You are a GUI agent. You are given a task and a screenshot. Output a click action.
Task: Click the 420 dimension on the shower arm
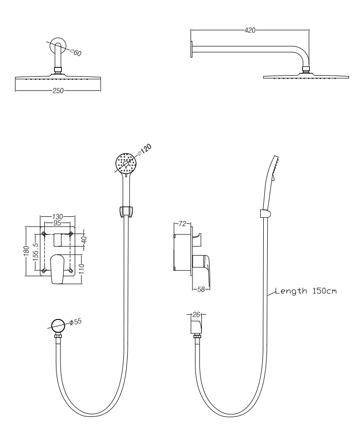(x=250, y=30)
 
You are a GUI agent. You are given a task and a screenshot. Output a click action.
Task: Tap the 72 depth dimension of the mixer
(x=183, y=224)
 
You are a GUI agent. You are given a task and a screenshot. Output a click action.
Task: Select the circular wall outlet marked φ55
(x=57, y=324)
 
